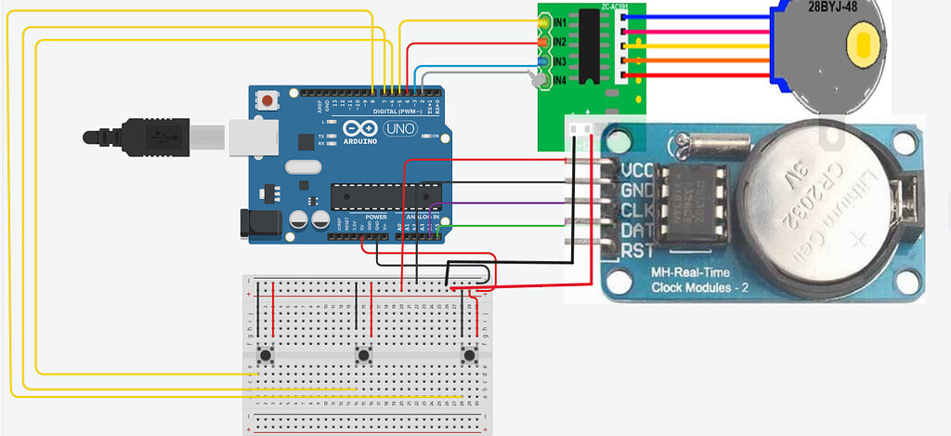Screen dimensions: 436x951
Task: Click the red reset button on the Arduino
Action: point(268,99)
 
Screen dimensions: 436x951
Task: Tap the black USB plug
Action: point(139,137)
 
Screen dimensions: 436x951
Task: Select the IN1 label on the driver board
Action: point(559,22)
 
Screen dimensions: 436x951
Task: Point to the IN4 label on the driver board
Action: point(559,82)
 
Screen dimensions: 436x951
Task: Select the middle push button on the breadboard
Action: point(363,355)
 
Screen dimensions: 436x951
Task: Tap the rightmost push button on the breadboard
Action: point(469,355)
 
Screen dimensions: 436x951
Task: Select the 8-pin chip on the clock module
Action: point(699,198)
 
